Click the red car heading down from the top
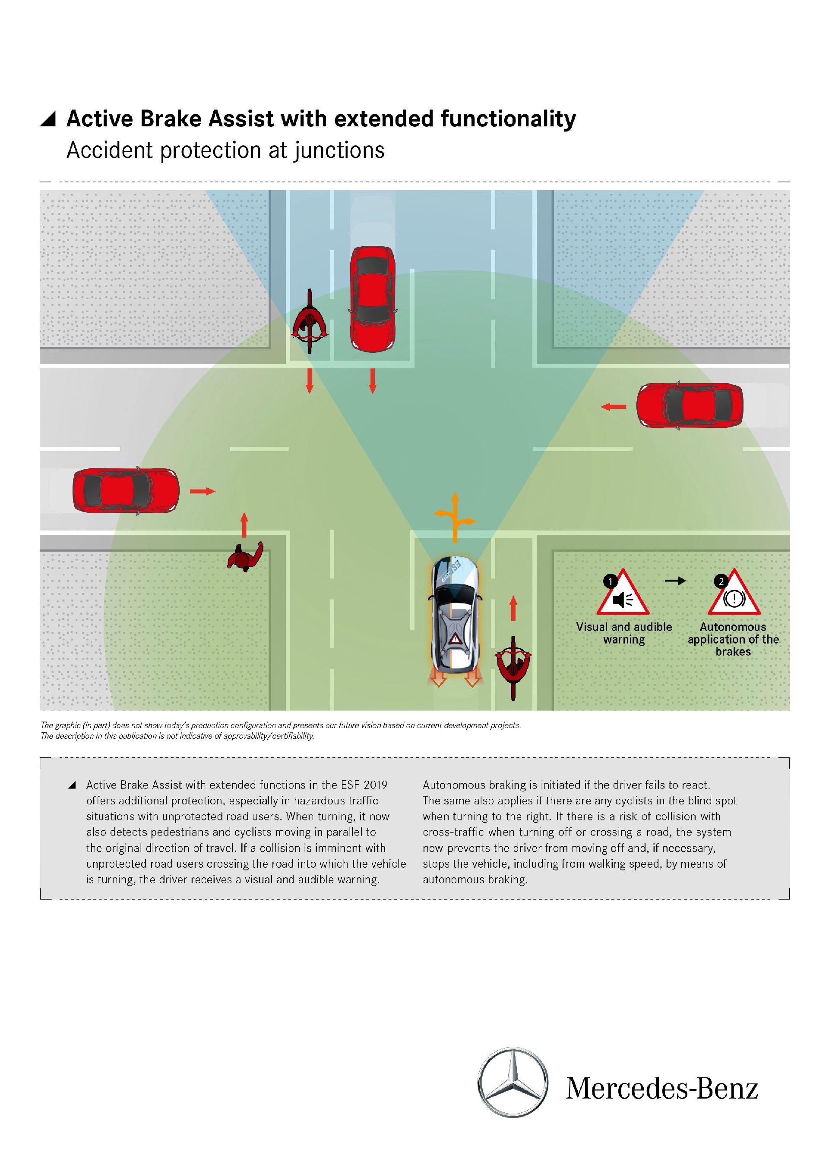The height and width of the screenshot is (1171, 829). (372, 299)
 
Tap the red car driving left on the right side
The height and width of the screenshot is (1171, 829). (690, 405)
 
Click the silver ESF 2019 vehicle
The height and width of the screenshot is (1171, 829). (455, 615)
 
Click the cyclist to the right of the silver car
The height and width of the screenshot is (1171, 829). (513, 666)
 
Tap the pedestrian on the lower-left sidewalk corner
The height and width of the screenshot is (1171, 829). (246, 557)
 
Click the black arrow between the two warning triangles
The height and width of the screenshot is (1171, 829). (675, 581)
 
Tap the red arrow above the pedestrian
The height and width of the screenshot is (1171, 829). (244, 525)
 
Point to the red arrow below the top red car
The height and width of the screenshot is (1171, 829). (373, 381)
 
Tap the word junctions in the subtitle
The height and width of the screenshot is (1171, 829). (339, 151)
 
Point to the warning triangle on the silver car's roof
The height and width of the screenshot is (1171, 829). (455, 639)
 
